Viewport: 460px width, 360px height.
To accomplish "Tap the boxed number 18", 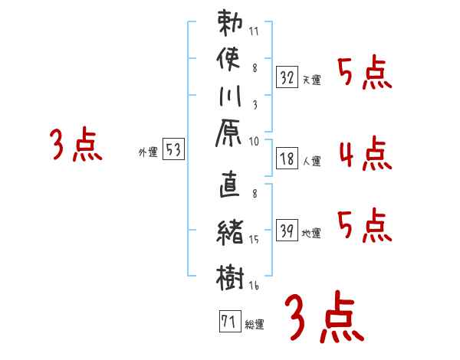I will pyautogui.click(x=287, y=159).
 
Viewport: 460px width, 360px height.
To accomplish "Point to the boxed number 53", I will pyautogui.click(x=173, y=150).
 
